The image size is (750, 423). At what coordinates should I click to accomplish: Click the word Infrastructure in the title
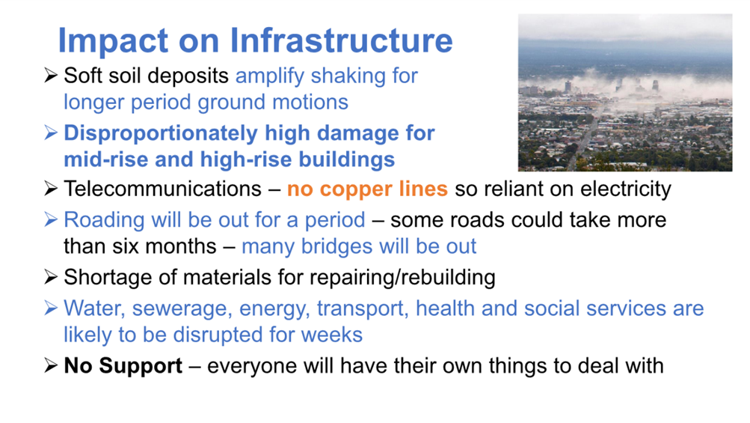click(x=341, y=40)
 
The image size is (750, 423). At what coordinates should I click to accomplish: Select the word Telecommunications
click(x=162, y=189)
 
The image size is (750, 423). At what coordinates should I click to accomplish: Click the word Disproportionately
click(x=161, y=134)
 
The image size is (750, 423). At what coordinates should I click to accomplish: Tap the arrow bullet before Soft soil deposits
click(x=51, y=75)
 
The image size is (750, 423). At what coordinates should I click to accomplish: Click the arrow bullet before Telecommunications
click(x=51, y=189)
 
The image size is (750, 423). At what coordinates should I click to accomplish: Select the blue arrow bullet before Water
click(x=51, y=308)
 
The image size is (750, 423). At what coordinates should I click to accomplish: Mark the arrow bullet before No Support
click(x=51, y=365)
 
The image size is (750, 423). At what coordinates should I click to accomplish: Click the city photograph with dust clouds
click(x=625, y=92)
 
